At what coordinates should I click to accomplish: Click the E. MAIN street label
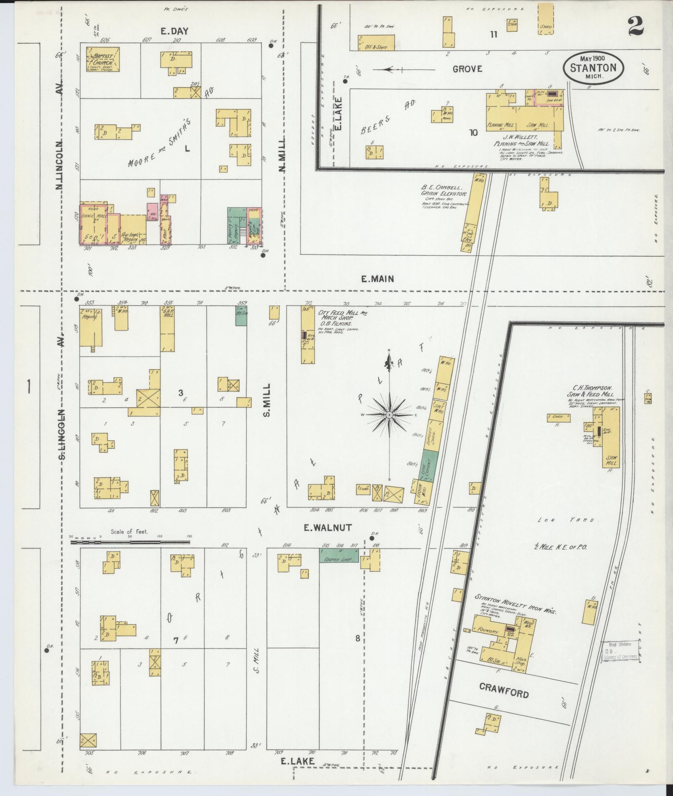click(377, 279)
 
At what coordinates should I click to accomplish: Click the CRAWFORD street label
click(504, 690)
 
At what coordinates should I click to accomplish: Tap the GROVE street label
click(467, 69)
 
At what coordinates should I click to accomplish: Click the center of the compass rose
click(389, 414)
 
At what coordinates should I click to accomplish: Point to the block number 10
click(473, 133)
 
